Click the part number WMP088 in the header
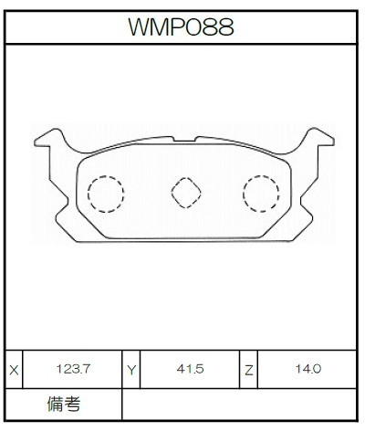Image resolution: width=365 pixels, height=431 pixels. (181, 26)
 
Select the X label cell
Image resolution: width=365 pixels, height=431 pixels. (14, 370)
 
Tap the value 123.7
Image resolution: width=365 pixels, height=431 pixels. (73, 369)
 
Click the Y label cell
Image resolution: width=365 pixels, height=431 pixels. (131, 370)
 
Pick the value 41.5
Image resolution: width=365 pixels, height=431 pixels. (190, 369)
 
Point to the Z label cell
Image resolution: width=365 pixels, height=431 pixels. (249, 370)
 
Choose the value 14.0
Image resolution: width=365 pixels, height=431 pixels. (308, 369)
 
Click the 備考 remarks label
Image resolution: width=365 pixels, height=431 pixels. (64, 405)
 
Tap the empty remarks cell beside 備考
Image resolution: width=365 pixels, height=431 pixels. (239, 405)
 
